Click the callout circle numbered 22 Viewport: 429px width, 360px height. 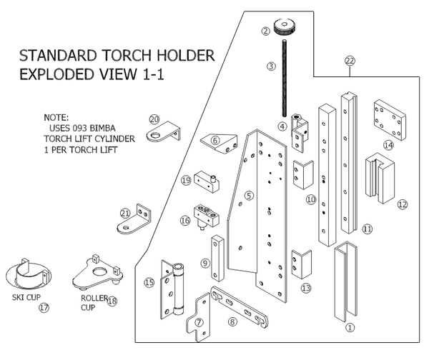(350, 61)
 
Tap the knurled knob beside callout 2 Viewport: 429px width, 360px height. (288, 29)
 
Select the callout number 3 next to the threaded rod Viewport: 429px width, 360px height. (271, 66)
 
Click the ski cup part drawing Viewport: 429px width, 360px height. (29, 274)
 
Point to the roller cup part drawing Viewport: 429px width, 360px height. (94, 271)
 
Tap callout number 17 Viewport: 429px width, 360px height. (44, 308)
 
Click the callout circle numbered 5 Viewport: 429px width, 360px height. (249, 195)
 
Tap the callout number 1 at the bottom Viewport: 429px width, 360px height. (350, 328)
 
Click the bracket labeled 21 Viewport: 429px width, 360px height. (135, 221)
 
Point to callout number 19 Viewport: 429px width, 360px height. (185, 181)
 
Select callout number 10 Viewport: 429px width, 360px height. (310, 199)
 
